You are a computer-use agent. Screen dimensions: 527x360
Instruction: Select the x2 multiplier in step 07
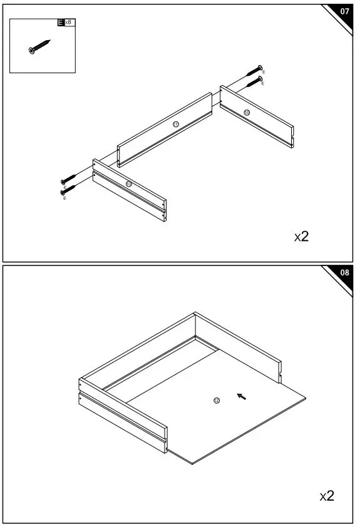coord(302,237)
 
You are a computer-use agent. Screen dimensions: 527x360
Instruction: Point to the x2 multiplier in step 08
coord(327,496)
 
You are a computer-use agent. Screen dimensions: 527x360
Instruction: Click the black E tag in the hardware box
coord(61,23)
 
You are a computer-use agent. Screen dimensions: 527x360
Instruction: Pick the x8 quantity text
coord(68,23)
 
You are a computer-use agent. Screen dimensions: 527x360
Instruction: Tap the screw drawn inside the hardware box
coord(39,47)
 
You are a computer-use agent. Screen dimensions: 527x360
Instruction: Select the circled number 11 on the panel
coord(176,125)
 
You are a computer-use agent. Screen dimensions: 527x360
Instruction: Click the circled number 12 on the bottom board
coord(217,400)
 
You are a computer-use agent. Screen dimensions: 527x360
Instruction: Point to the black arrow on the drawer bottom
coord(242,396)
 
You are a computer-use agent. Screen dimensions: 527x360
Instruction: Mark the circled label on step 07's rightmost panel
coord(247,112)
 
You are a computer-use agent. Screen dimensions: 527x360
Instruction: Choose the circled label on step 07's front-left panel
coord(128,183)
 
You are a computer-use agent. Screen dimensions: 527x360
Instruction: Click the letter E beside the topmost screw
coord(264,73)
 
